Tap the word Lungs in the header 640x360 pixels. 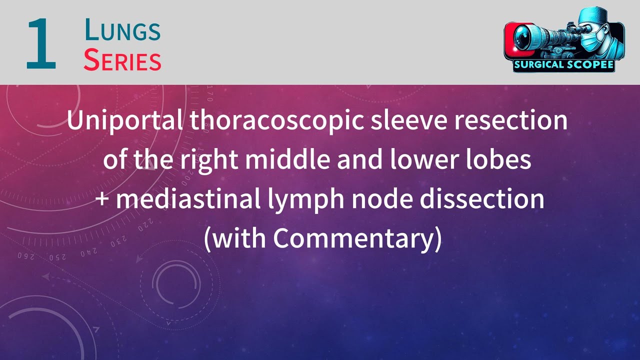[x=122, y=30]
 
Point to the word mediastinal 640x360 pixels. [x=188, y=199]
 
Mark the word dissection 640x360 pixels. [x=482, y=199]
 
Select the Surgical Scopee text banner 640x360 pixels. [x=563, y=65]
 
